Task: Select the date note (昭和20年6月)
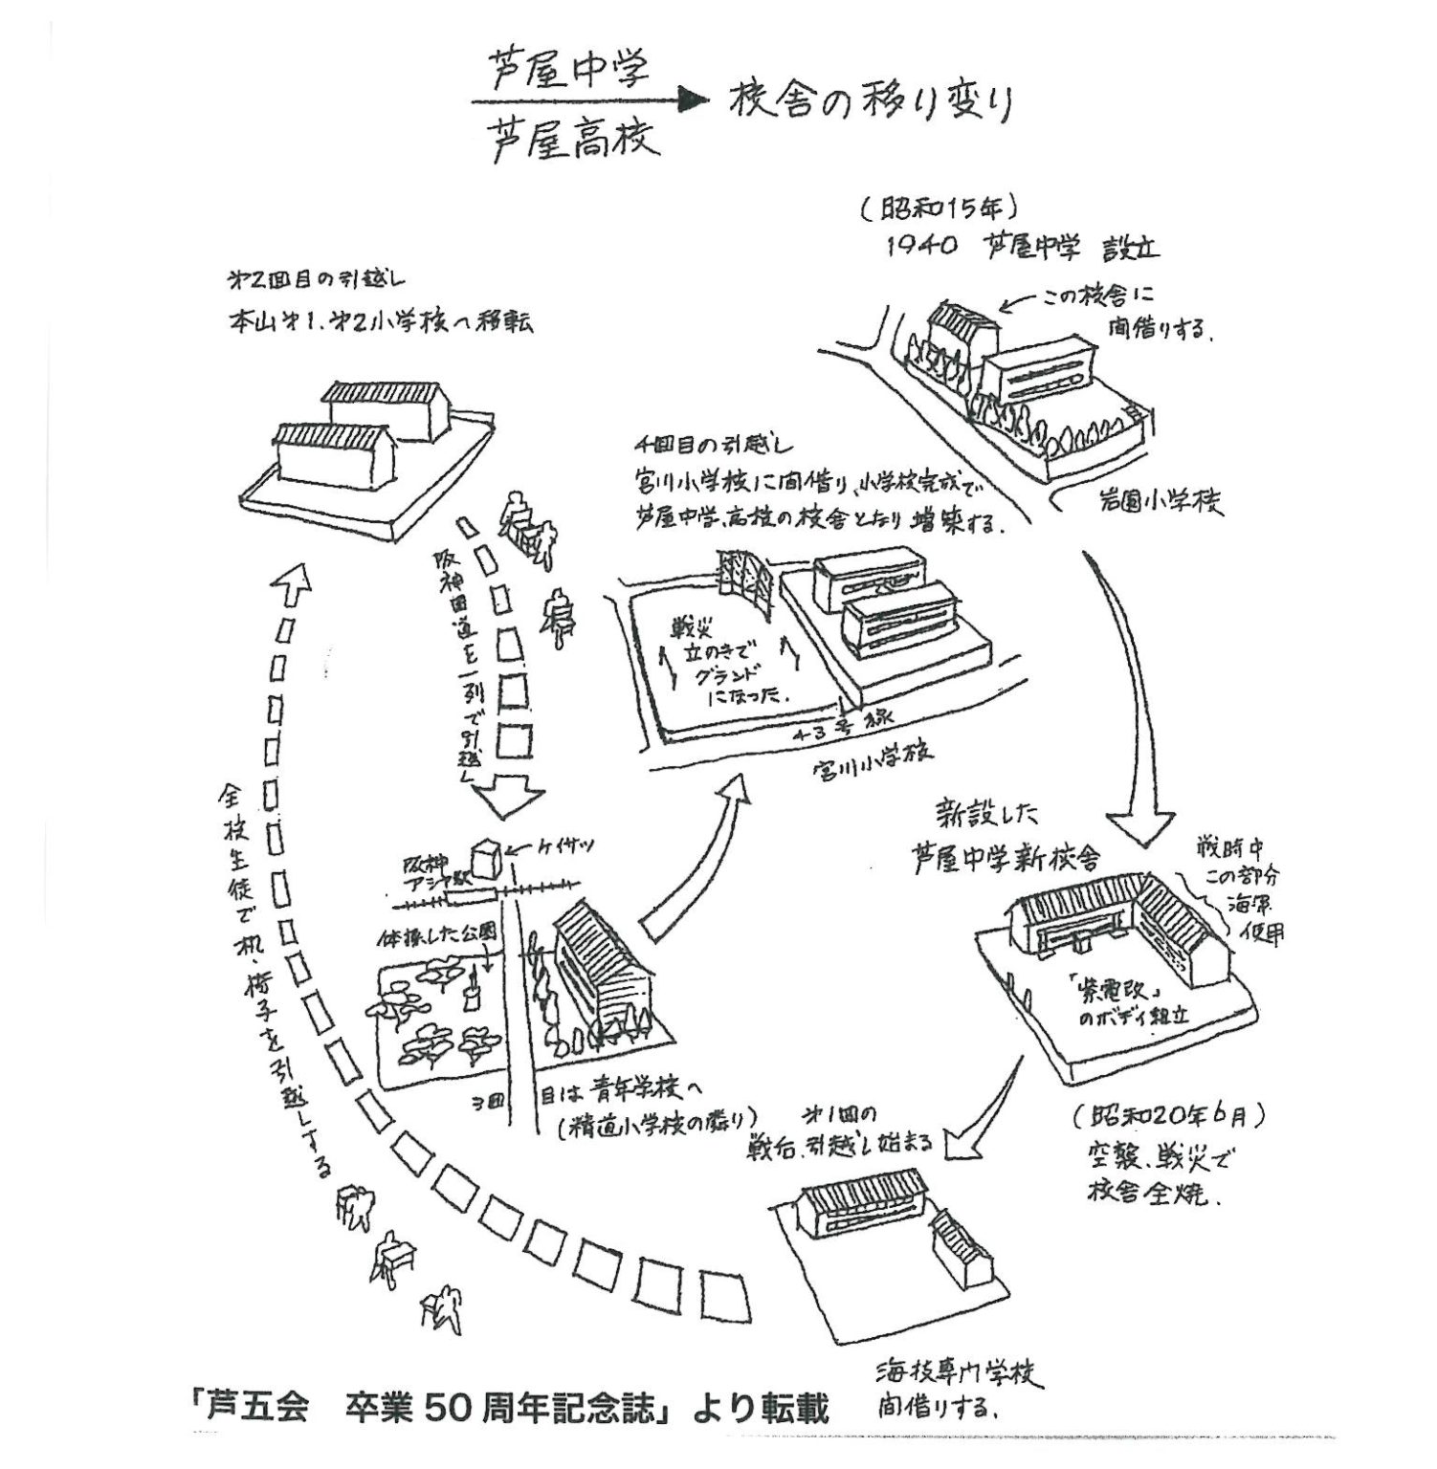click(x=1170, y=1116)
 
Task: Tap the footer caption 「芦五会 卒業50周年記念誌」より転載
click(x=509, y=1411)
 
